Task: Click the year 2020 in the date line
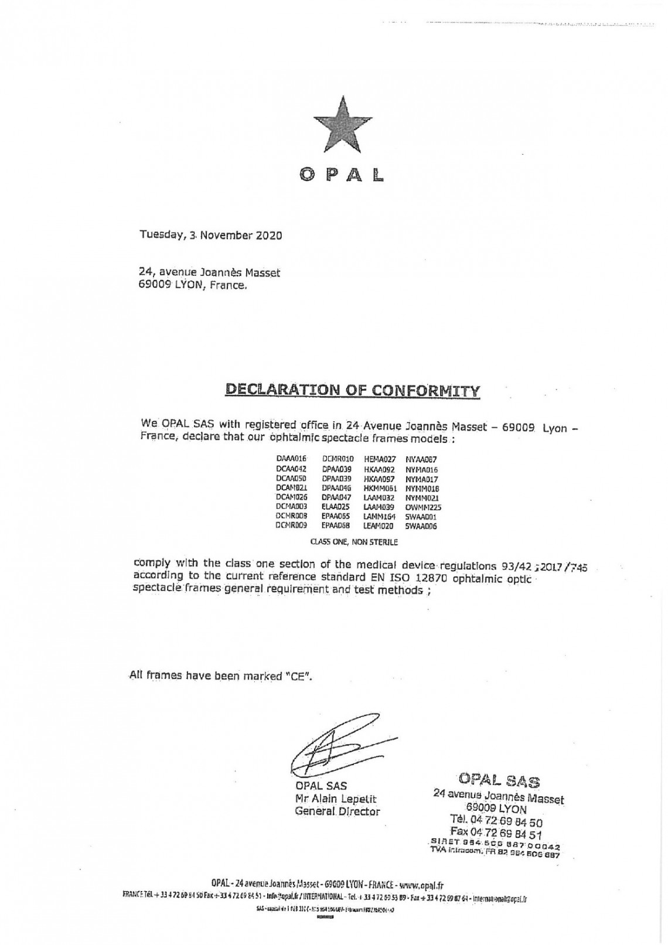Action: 269,236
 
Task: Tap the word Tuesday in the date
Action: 160,236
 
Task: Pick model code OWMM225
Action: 423,507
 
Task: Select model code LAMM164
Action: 380,517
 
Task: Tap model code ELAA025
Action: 335,507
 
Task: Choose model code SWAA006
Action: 421,526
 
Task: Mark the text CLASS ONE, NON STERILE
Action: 354,543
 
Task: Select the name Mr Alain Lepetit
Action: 336,799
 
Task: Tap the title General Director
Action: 337,812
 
